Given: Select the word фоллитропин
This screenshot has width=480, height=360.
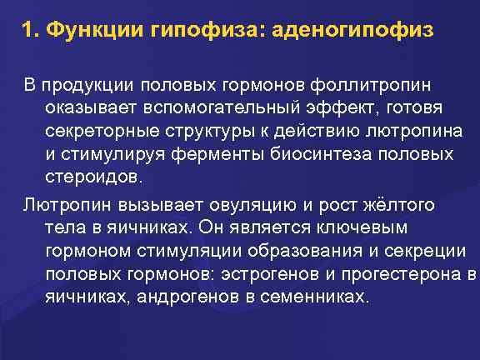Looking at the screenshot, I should pyautogui.click(x=380, y=86).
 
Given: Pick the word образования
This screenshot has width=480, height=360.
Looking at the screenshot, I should pyautogui.click(x=278, y=252).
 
